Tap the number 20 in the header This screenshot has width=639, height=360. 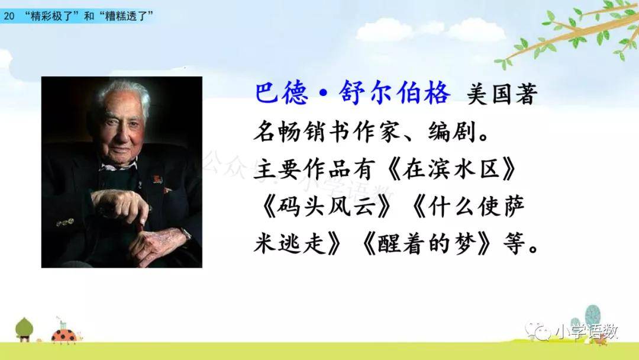coord(8,17)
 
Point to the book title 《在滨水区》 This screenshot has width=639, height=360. coord(450,168)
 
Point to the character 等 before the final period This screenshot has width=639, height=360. coord(514,244)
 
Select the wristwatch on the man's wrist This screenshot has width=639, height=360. coord(186,234)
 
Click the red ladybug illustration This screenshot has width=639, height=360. coord(64,336)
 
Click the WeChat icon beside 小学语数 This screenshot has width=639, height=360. coord(537,331)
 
